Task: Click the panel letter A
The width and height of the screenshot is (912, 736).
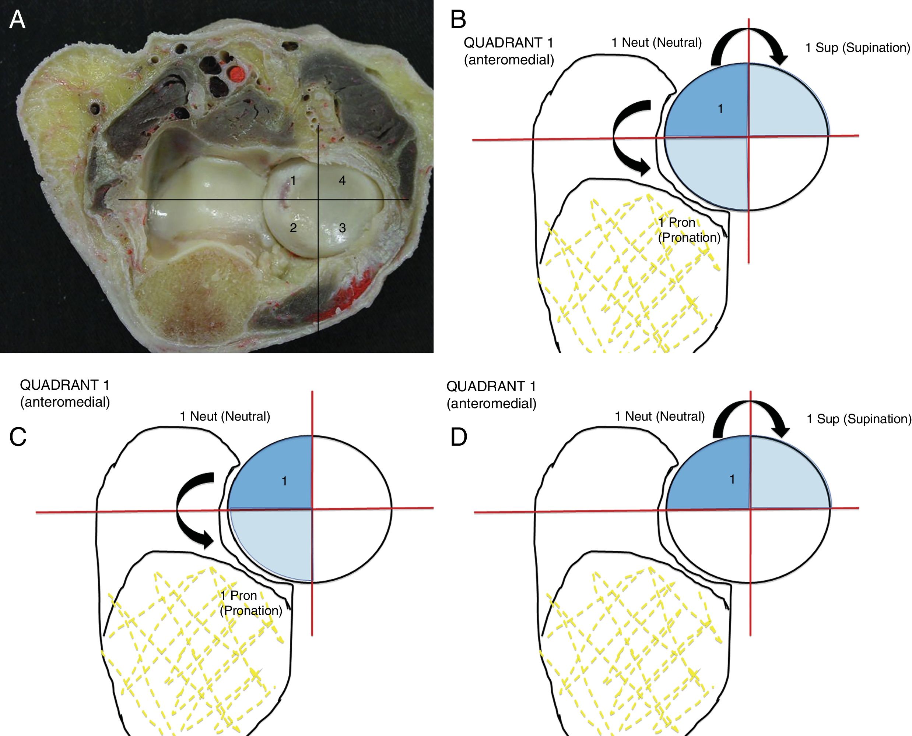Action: (x=17, y=20)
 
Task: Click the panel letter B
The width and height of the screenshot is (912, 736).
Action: (x=458, y=20)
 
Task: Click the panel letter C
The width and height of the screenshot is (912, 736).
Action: (x=18, y=437)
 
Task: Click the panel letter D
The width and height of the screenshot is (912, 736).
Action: (x=458, y=437)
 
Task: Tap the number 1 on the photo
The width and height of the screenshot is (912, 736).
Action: (x=293, y=181)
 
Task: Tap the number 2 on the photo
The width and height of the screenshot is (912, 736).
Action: (x=293, y=228)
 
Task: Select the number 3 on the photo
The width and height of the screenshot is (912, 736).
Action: (x=342, y=228)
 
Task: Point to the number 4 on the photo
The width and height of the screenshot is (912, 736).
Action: (x=342, y=181)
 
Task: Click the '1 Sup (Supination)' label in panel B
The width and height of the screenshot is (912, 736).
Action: (x=857, y=48)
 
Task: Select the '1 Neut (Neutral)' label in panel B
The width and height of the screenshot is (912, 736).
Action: (x=656, y=42)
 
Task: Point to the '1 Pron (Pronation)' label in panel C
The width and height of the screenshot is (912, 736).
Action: (x=250, y=603)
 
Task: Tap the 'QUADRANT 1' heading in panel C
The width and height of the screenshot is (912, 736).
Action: (x=65, y=385)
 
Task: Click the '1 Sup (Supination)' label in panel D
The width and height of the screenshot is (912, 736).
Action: (x=859, y=419)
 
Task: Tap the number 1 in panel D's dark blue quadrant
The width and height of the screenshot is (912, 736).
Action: (x=732, y=479)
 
